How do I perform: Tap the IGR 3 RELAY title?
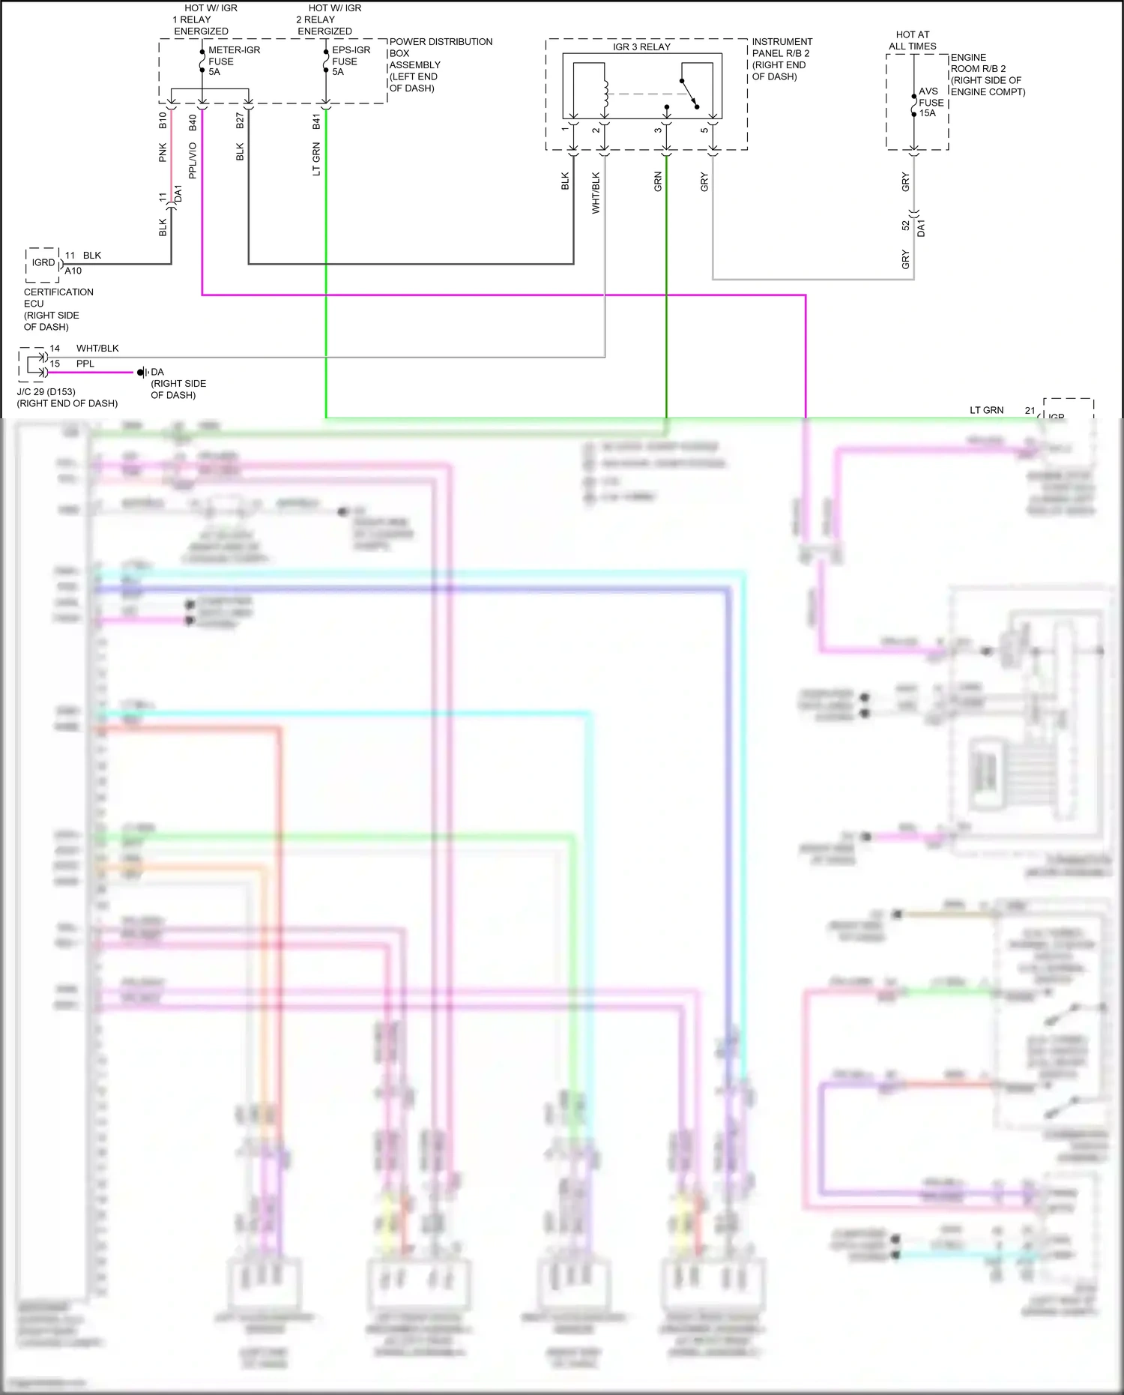pos(641,46)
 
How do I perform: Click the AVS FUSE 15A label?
pos(931,103)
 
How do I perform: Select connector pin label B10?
pos(163,120)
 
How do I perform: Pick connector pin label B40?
pos(193,121)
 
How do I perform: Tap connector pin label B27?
pos(240,121)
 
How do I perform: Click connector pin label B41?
pos(316,121)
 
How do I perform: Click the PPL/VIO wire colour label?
pos(193,160)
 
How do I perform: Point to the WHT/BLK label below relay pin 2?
pos(596,193)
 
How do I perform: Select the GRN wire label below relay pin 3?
pos(658,181)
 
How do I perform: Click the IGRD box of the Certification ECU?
pos(43,263)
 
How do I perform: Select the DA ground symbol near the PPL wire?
pos(142,372)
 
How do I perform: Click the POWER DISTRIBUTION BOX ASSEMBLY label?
pos(440,64)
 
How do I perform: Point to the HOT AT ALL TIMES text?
pos(912,40)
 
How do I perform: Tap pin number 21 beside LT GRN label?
pos(1030,410)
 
